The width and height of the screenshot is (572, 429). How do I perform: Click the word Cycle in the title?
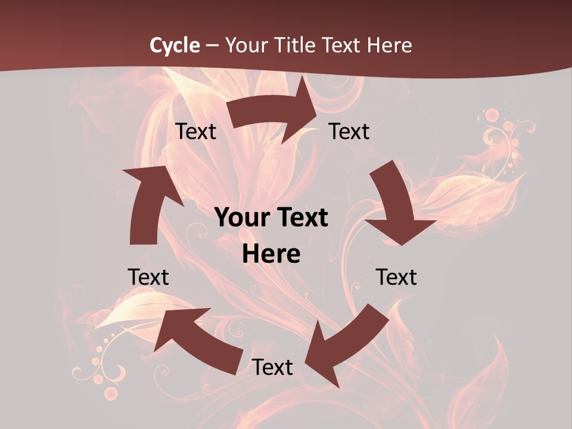click(175, 45)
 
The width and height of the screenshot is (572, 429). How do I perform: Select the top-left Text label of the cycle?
click(195, 132)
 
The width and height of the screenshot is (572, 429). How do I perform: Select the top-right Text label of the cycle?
click(349, 132)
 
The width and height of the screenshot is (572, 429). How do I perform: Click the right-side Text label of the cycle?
click(396, 277)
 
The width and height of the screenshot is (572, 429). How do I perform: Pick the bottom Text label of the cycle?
click(272, 367)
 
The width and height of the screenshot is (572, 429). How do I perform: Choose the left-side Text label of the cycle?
click(148, 277)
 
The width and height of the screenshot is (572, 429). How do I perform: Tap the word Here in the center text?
click(271, 254)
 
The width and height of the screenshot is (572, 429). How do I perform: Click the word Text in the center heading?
click(301, 218)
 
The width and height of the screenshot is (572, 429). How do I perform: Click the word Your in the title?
click(245, 45)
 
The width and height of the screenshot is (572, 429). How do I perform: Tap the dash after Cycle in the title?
click(212, 45)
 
